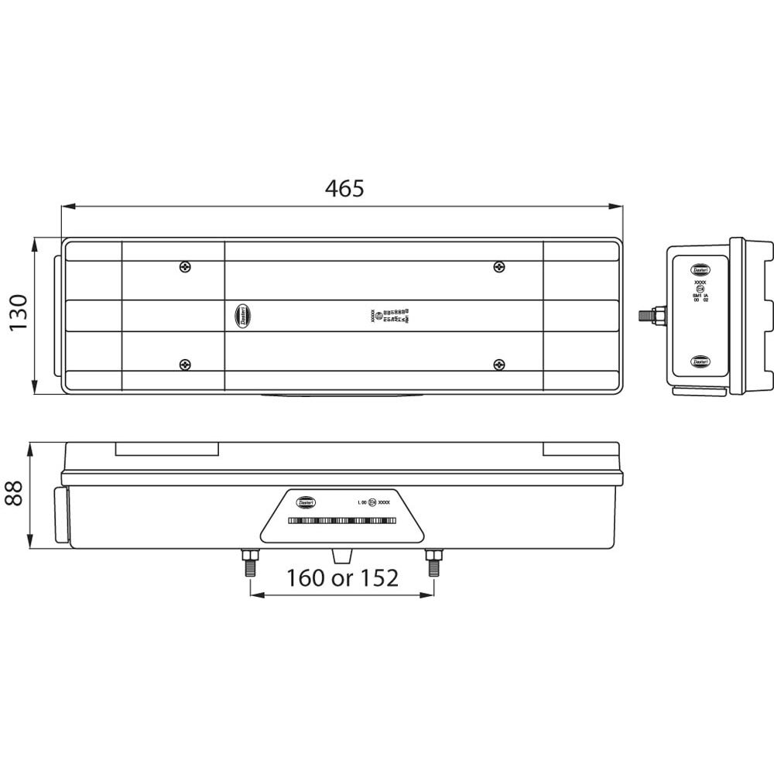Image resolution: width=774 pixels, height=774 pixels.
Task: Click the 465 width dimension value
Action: pyautogui.click(x=344, y=188)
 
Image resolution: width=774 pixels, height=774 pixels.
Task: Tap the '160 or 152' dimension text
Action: pyautogui.click(x=342, y=577)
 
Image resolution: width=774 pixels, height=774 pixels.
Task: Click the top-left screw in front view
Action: pyautogui.click(x=184, y=267)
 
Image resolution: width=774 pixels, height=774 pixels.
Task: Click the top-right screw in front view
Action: pyautogui.click(x=498, y=267)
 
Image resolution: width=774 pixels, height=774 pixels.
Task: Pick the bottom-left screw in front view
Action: pyautogui.click(x=184, y=364)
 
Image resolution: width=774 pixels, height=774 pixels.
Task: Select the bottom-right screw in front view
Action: pyautogui.click(x=498, y=364)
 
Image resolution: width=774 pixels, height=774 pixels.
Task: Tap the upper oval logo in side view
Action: pyautogui.click(x=700, y=269)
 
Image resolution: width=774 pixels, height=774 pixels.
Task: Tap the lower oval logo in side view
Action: pyautogui.click(x=700, y=361)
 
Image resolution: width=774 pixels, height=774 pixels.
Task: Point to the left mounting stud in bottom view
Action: pyautogui.click(x=250, y=562)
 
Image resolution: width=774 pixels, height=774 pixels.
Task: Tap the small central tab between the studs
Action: pyautogui.click(x=341, y=555)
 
